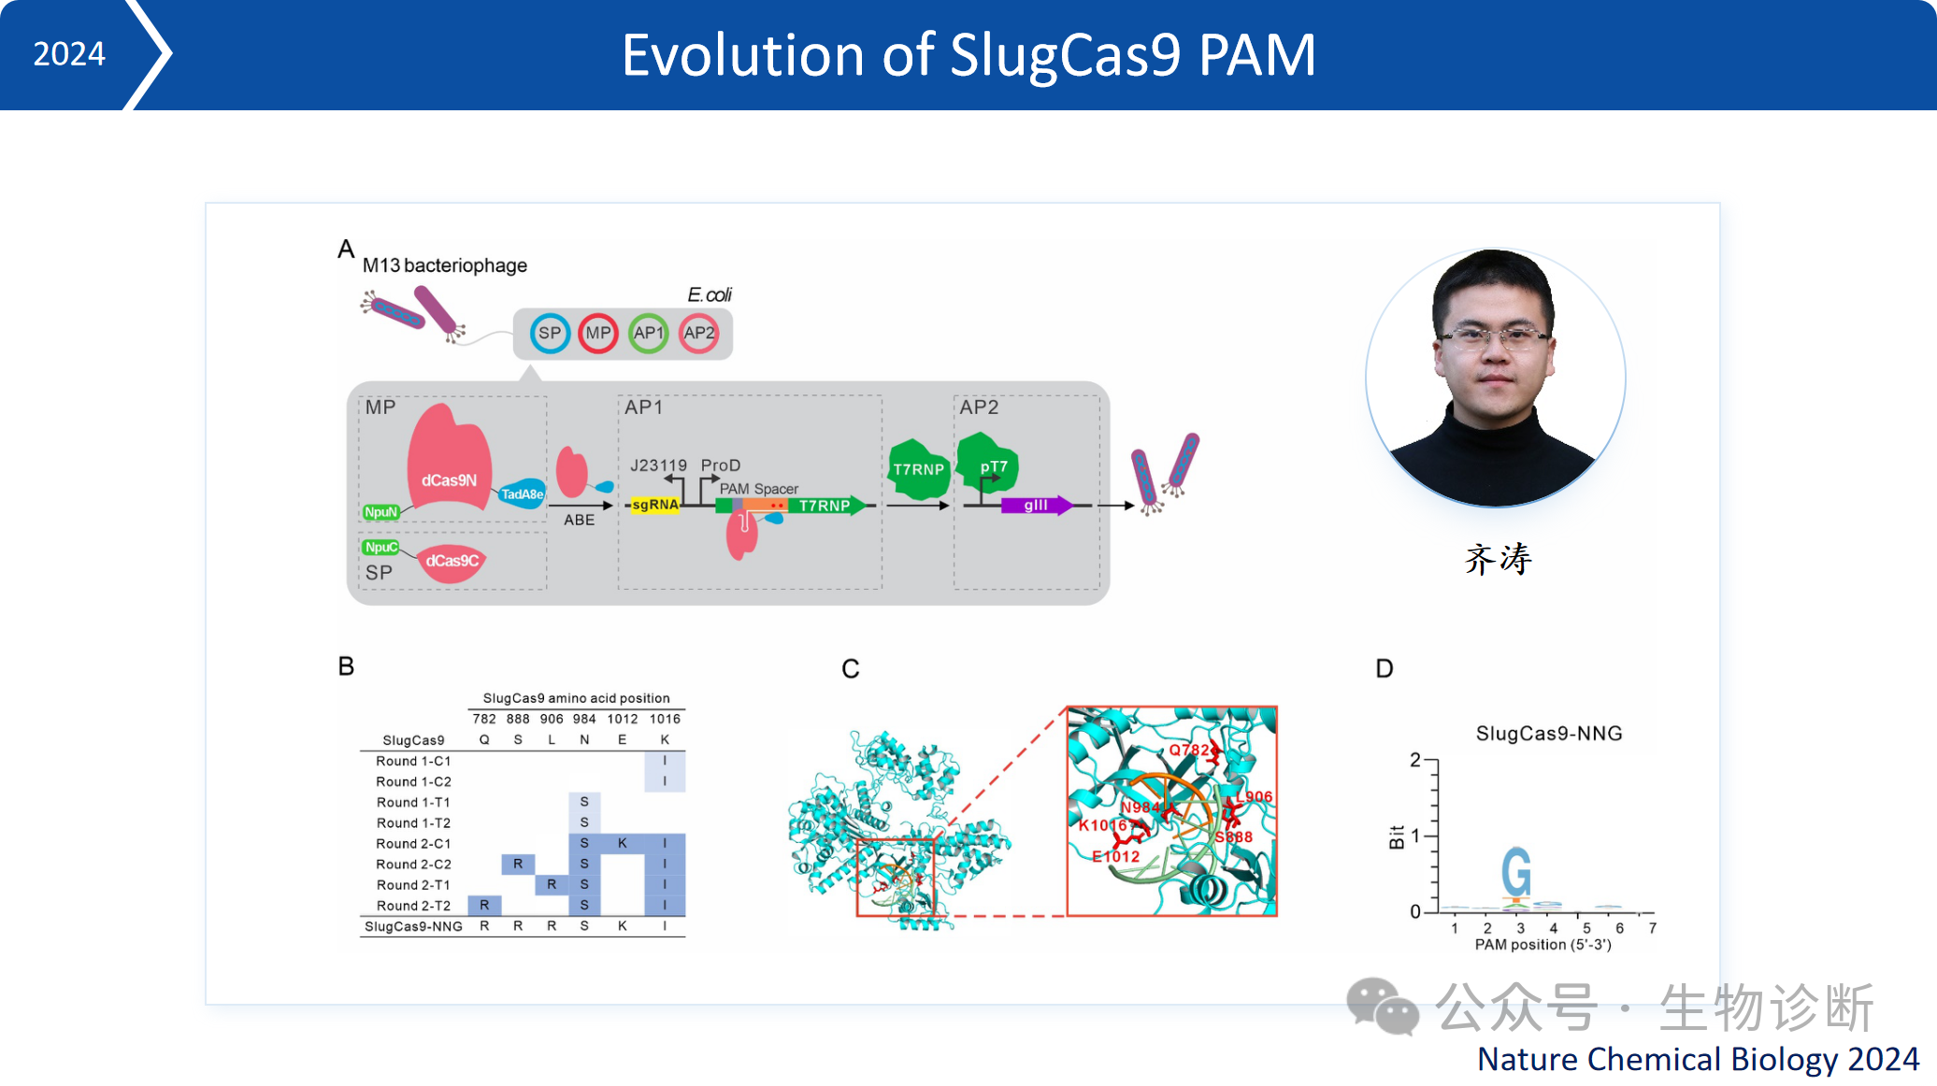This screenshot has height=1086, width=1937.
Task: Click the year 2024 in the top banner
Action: tap(69, 54)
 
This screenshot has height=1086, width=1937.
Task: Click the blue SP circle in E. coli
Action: tap(550, 334)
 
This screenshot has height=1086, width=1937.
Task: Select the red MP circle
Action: tap(598, 334)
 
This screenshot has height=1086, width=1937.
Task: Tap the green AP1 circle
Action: tap(648, 334)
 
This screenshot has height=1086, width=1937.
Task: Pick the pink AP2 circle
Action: tap(698, 334)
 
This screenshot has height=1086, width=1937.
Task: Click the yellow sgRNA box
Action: tap(654, 506)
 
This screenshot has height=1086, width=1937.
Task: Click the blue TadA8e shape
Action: tap(522, 493)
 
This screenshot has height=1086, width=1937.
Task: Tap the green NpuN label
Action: tap(380, 512)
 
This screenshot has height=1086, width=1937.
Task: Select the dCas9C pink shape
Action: tap(452, 561)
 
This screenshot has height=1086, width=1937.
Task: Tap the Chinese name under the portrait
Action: tap(1498, 559)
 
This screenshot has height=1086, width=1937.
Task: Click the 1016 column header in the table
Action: tap(665, 719)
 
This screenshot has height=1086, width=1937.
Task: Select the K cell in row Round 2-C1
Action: tap(622, 843)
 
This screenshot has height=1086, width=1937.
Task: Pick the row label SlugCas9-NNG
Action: tap(413, 926)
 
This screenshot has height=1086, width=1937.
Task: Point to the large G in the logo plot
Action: tap(1516, 872)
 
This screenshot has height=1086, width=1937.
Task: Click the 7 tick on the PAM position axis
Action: tap(1652, 928)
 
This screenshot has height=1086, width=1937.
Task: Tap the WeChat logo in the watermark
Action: tap(1382, 1007)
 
